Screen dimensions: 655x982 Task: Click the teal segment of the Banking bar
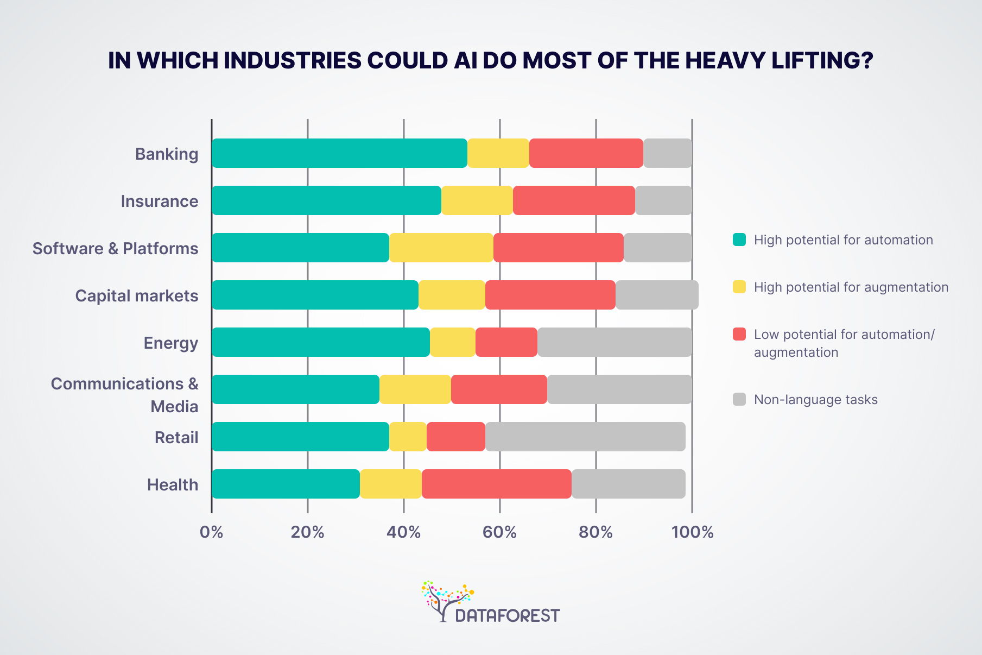tap(339, 153)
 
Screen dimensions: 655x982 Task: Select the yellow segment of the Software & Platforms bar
tap(441, 248)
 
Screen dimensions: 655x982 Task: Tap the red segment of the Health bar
tap(496, 484)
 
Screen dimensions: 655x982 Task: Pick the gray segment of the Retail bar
tap(585, 437)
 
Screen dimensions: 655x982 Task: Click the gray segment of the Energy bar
tap(614, 342)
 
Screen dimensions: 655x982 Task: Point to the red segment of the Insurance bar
tap(574, 200)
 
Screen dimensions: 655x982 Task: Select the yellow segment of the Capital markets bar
tap(452, 295)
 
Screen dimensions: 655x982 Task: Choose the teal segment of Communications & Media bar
tap(295, 389)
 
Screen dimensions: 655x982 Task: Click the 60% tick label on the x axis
tap(499, 532)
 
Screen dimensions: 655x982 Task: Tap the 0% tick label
tap(211, 532)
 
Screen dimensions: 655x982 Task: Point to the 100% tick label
tap(692, 532)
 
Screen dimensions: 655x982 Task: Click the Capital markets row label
tap(137, 295)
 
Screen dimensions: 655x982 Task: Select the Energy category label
tap(171, 343)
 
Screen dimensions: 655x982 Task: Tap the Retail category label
tap(176, 437)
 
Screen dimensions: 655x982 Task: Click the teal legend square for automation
tap(739, 240)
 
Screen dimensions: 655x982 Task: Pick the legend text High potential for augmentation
tap(851, 287)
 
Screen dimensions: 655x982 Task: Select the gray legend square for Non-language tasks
tap(739, 399)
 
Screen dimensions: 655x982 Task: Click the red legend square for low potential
tap(739, 334)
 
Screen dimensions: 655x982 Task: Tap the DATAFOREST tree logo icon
tap(445, 600)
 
